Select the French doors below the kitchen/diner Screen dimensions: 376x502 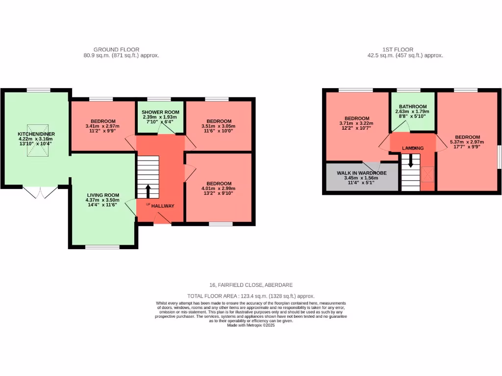[x=41, y=192]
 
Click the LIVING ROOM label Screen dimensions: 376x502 [x=103, y=194]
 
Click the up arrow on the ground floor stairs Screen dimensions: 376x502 [x=148, y=190]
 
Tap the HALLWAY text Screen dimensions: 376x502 [x=163, y=206]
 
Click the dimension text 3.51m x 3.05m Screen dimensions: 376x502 [x=219, y=126]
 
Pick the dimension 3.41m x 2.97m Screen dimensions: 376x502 [x=103, y=126]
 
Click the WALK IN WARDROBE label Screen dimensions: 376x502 [x=362, y=173]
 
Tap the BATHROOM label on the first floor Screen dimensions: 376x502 [x=412, y=106]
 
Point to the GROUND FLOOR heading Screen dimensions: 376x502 [x=116, y=49]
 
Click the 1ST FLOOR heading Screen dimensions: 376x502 [x=398, y=49]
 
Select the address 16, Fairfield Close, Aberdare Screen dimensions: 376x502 [x=251, y=285]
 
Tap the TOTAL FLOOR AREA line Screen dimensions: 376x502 [x=251, y=296]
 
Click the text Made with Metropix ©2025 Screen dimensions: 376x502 [x=251, y=325]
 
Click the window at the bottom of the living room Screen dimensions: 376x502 [x=102, y=247]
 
